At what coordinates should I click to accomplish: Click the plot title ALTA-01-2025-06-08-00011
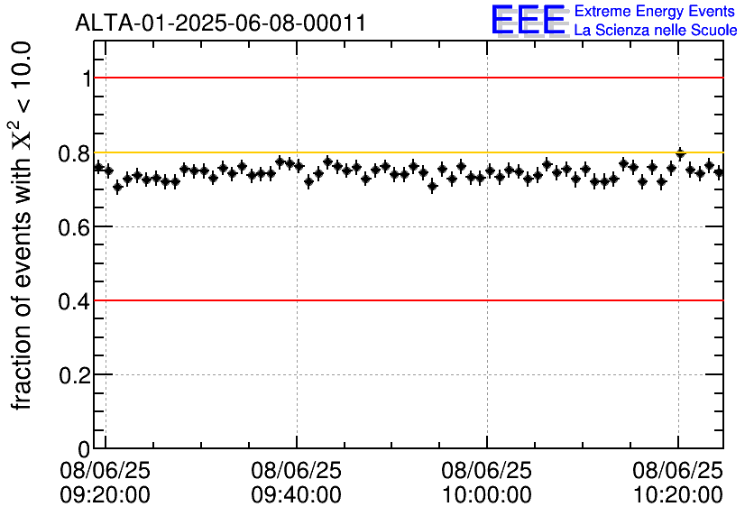click(221, 23)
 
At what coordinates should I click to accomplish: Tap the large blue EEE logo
click(528, 20)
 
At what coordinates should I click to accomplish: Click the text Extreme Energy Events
click(655, 11)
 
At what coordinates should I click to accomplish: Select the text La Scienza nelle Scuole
click(655, 31)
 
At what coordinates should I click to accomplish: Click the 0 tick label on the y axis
click(86, 449)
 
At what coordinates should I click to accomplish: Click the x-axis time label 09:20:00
click(106, 495)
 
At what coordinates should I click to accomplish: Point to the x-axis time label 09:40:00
click(296, 495)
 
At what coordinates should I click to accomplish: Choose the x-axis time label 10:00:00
click(487, 495)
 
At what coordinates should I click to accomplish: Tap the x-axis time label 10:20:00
click(677, 495)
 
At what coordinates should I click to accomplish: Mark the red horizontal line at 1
click(406, 78)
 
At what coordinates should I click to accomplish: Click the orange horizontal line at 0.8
click(406, 152)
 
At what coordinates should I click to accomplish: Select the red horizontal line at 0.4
click(406, 300)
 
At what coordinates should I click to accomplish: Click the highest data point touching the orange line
click(681, 154)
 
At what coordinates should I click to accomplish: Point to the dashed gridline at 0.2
click(406, 374)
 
